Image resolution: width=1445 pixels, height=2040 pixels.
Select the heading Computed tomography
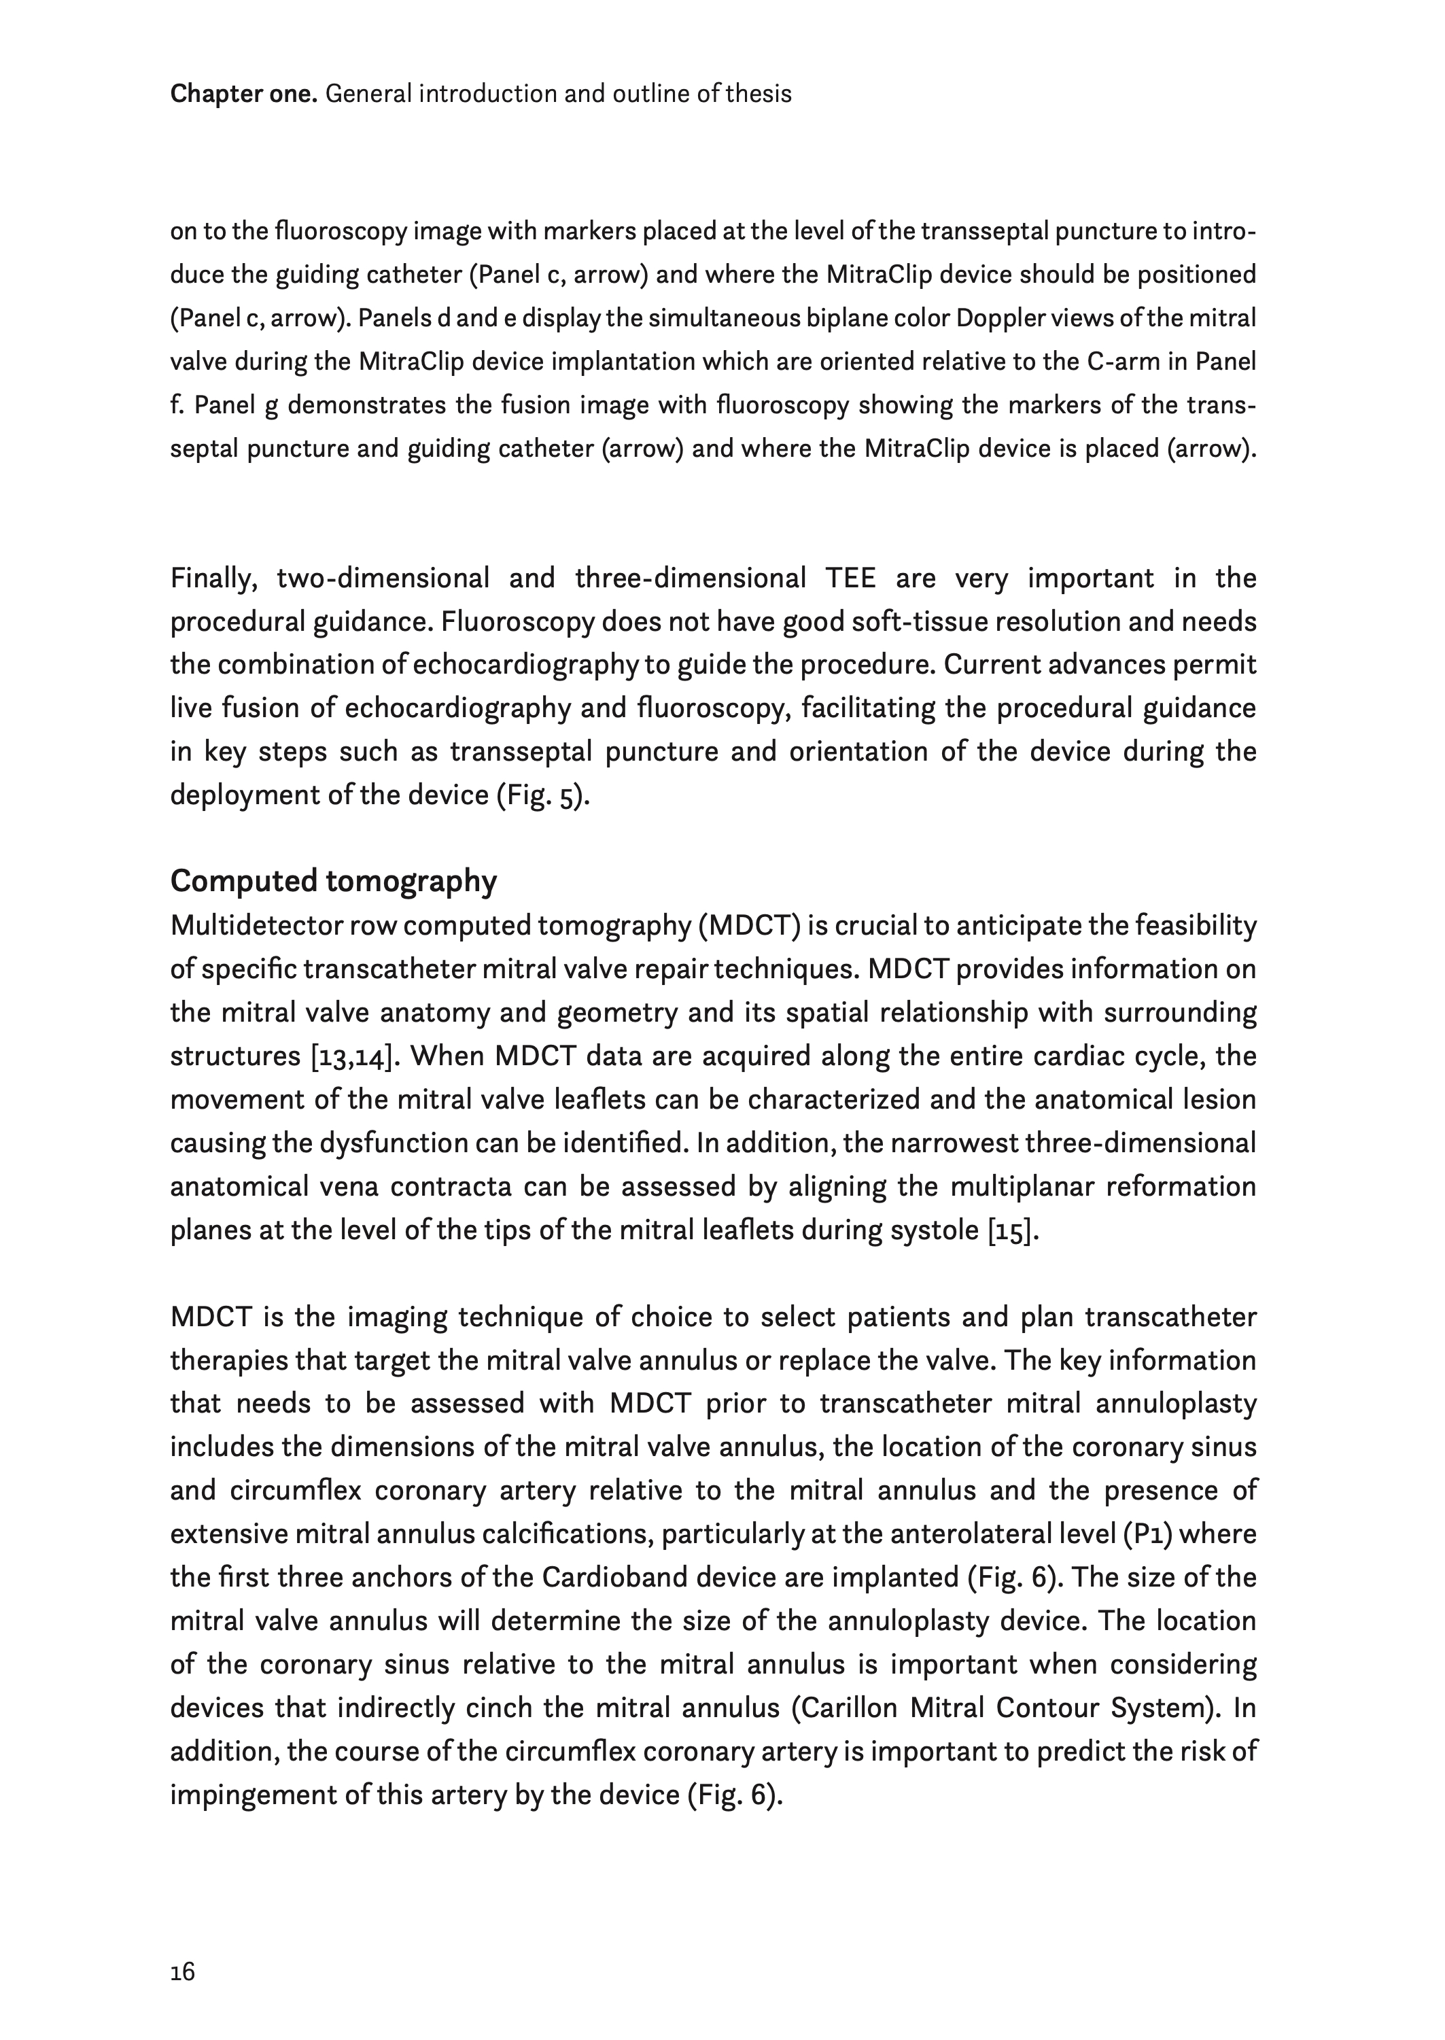[x=334, y=881]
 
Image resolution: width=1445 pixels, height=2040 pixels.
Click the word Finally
[x=213, y=578]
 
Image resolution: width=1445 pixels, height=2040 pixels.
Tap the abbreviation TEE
[x=852, y=578]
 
